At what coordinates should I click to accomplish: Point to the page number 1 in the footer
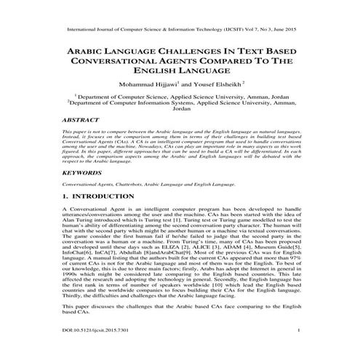pos(299,351)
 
